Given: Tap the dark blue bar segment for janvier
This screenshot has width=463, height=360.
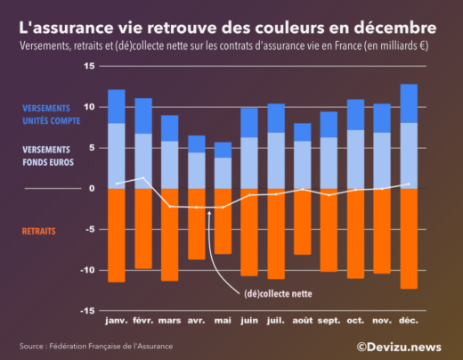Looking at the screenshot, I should click(x=117, y=106).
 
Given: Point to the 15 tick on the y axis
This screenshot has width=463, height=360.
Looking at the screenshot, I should click(x=89, y=67).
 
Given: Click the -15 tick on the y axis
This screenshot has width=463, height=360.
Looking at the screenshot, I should click(x=87, y=311).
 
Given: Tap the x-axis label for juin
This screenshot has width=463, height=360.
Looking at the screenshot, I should click(x=249, y=320).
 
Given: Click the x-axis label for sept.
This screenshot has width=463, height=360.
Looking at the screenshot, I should click(x=329, y=320).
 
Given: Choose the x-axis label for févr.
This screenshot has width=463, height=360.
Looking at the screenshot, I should click(x=143, y=320).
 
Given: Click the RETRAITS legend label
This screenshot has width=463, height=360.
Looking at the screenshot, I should click(x=38, y=231).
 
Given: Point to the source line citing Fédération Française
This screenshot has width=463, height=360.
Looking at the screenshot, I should click(x=96, y=346).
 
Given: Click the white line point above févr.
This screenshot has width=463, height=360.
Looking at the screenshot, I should click(x=143, y=178).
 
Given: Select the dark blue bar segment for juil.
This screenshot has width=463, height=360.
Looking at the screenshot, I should click(x=276, y=118).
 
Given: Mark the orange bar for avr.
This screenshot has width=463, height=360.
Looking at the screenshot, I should click(x=196, y=224).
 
